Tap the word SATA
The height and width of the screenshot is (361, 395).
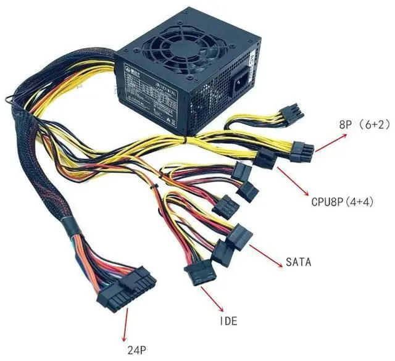(298, 262)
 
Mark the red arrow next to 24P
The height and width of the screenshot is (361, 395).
(127, 324)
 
